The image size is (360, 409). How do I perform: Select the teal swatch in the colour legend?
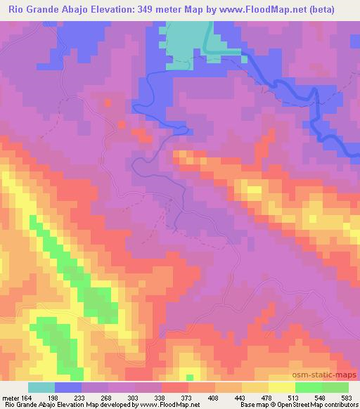point(41,387)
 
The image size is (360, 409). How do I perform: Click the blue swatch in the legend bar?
point(68,387)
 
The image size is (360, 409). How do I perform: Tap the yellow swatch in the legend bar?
point(282,387)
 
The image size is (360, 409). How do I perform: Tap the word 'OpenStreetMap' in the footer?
point(291,405)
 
